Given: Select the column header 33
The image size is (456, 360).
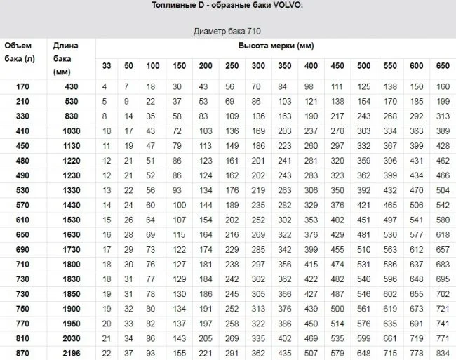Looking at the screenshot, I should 107,66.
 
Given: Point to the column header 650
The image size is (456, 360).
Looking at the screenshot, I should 443,66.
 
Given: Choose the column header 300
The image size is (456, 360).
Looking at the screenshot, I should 259,66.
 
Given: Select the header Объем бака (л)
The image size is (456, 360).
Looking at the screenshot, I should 19,53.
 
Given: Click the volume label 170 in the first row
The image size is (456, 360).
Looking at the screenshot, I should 21,86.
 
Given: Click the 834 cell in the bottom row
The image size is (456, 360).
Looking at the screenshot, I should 443,352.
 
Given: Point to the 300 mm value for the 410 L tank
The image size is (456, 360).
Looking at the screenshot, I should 259,131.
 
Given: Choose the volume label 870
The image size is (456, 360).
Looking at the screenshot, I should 21,352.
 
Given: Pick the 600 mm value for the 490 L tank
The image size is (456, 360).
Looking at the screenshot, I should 417,175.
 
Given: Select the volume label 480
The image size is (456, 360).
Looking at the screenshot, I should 21,160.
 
